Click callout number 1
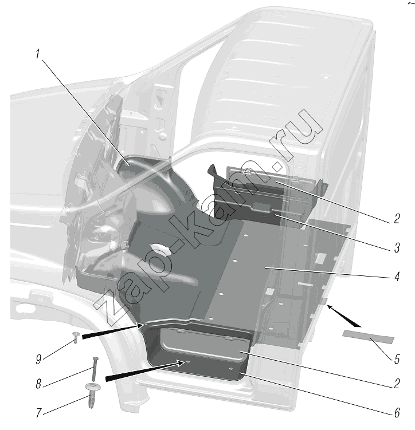pyautogui.click(x=38, y=54)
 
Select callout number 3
pyautogui.click(x=397, y=247)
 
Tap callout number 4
pyautogui.click(x=397, y=277)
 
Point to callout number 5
pyautogui.click(x=397, y=359)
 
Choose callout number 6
pyautogui.click(x=397, y=412)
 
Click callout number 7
pyautogui.click(x=39, y=413)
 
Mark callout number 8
pyautogui.click(x=38, y=384)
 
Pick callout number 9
pyautogui.click(x=38, y=359)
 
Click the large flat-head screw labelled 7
pyautogui.click(x=92, y=396)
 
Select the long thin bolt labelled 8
pyautogui.click(x=95, y=369)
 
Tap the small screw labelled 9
pyautogui.click(x=76, y=337)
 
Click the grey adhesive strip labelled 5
pyautogui.click(x=368, y=337)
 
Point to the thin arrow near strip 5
pyautogui.click(x=344, y=316)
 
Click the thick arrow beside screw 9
pyautogui.click(x=113, y=331)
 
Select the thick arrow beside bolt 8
pyautogui.click(x=145, y=371)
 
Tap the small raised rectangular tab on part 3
pyautogui.click(x=262, y=207)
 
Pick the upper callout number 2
pyautogui.click(x=397, y=219)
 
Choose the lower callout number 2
pyautogui.click(x=397, y=384)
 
